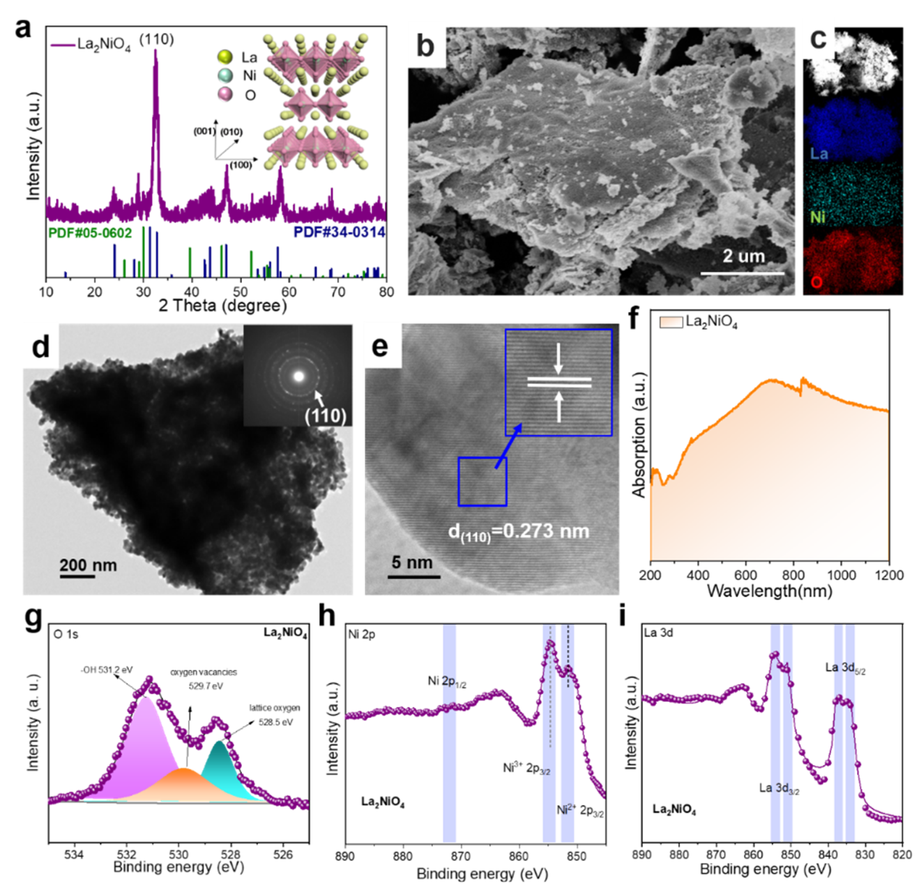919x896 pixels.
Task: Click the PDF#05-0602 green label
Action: coord(90,232)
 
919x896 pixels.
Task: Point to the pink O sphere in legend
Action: coord(226,94)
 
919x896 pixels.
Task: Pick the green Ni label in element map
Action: coord(818,217)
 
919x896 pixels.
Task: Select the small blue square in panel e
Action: coord(482,481)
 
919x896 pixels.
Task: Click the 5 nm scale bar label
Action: coord(412,562)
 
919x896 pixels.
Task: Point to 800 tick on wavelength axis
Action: coord(793,575)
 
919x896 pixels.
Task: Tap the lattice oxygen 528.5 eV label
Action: coord(274,715)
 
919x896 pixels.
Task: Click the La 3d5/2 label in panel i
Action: coord(845,668)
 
